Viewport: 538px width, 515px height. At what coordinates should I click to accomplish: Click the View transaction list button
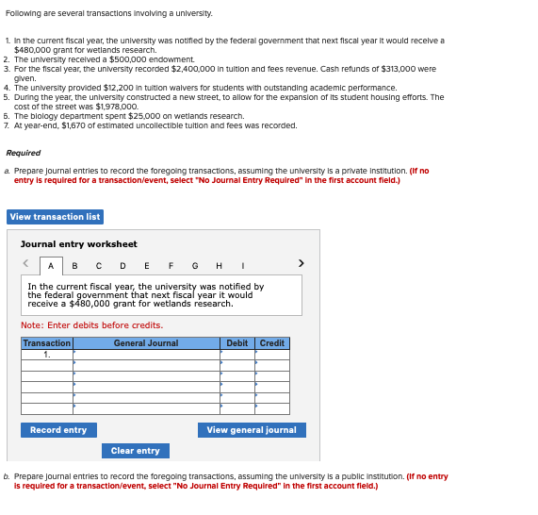pyautogui.click(x=55, y=217)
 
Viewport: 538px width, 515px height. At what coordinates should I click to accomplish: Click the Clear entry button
pyautogui.click(x=136, y=451)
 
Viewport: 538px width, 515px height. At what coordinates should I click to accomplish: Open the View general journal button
pyautogui.click(x=252, y=430)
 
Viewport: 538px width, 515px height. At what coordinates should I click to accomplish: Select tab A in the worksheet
pyautogui.click(x=51, y=266)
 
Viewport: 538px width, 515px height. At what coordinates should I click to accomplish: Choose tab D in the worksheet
pyautogui.click(x=122, y=266)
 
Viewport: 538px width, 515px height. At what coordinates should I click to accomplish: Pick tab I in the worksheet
pyautogui.click(x=243, y=266)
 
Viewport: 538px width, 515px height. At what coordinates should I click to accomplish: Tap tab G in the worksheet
pyautogui.click(x=194, y=266)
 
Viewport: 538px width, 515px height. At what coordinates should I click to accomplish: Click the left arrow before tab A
pyautogui.click(x=26, y=265)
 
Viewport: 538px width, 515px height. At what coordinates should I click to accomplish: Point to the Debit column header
pyautogui.click(x=237, y=343)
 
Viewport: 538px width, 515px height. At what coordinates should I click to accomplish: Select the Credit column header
pyautogui.click(x=272, y=343)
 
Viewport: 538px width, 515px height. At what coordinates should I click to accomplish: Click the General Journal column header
pyautogui.click(x=146, y=343)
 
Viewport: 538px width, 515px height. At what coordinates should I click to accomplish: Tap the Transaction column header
pyautogui.click(x=47, y=343)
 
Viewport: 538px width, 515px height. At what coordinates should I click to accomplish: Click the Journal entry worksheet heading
pyautogui.click(x=79, y=244)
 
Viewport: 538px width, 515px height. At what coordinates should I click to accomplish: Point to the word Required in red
pyautogui.click(x=24, y=153)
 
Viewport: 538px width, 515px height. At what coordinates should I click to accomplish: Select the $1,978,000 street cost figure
pyautogui.click(x=114, y=107)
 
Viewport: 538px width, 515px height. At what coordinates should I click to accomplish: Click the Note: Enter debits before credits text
pyautogui.click(x=91, y=325)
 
